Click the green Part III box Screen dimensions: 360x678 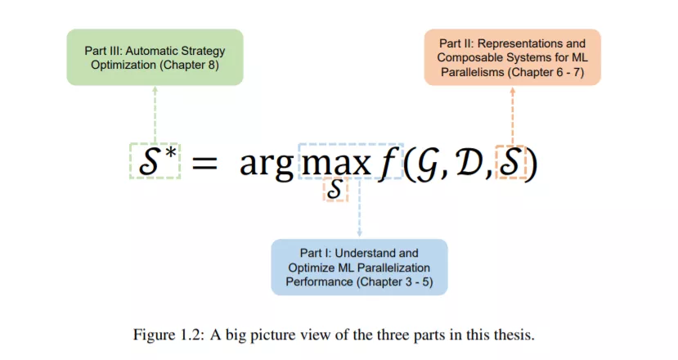tap(155, 57)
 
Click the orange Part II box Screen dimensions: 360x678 tap(512, 57)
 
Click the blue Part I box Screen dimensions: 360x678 tap(359, 267)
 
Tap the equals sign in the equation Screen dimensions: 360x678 tap(204, 164)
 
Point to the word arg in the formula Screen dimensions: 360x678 tap(267, 164)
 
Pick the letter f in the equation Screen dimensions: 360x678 tap(385, 162)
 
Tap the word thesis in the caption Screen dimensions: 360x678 tap(513, 334)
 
